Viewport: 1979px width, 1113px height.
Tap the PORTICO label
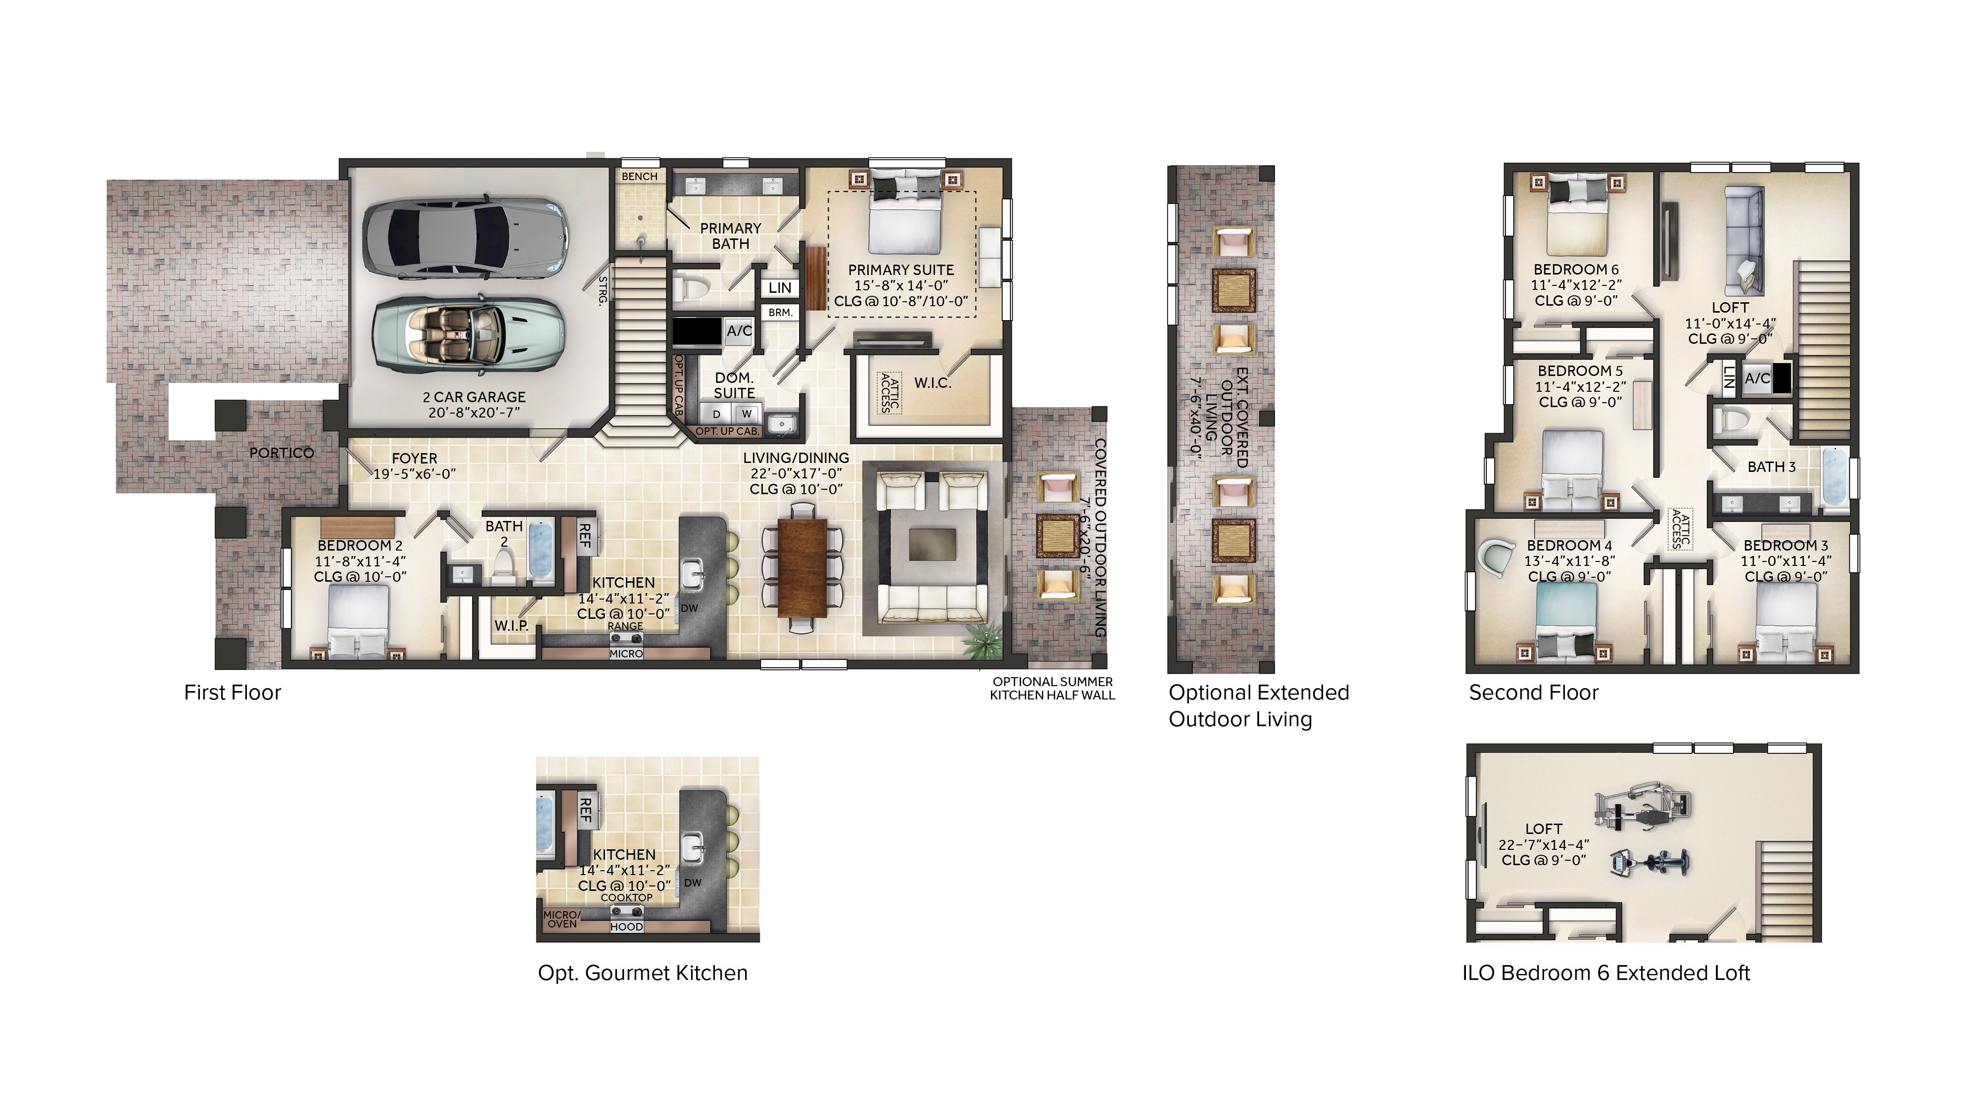click(x=281, y=453)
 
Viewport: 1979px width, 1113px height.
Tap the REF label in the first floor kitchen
click(x=585, y=535)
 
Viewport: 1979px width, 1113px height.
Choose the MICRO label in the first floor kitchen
click(x=625, y=653)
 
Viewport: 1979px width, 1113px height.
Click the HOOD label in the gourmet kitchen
click(x=626, y=927)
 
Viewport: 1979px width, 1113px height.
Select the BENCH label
click(x=639, y=177)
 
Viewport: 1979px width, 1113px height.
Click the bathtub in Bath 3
click(x=1836, y=479)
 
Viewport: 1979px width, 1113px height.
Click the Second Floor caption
click(x=1533, y=693)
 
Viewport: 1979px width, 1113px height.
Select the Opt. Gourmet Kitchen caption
click(x=642, y=973)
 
